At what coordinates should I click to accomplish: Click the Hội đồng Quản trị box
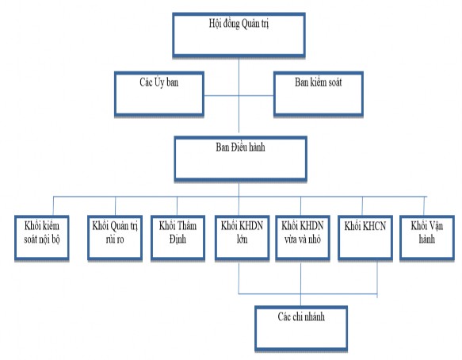click(237, 36)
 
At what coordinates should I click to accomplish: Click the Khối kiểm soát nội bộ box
click(43, 236)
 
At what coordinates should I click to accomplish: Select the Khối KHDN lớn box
click(239, 236)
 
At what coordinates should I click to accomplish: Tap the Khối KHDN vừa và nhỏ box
click(302, 236)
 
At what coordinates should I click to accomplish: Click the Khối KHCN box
click(364, 236)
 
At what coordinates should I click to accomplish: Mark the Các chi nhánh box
click(302, 325)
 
